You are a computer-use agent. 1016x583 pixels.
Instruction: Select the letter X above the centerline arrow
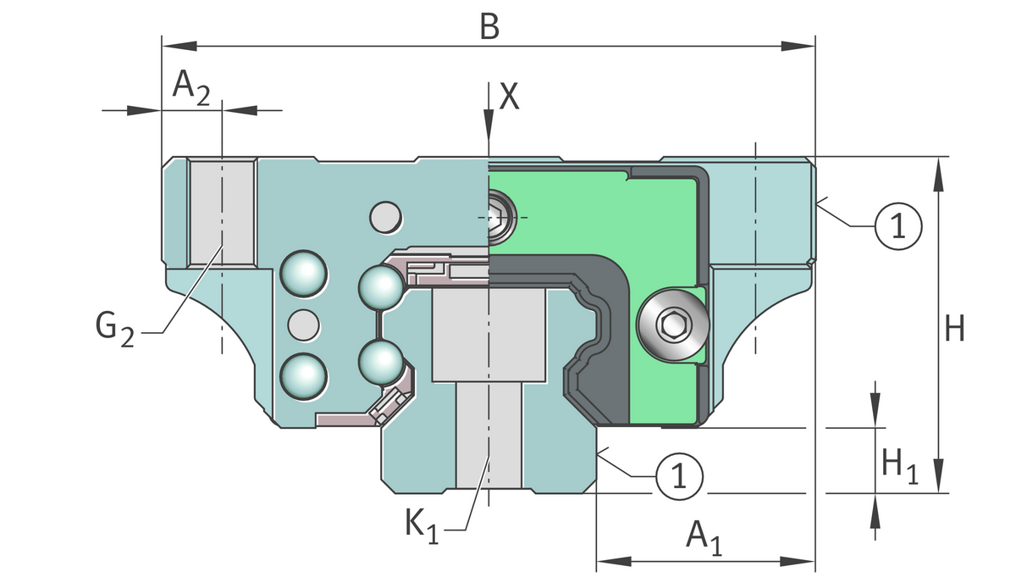point(509,97)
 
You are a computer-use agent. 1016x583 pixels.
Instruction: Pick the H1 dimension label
point(899,465)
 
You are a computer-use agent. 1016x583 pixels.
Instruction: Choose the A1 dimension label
point(704,537)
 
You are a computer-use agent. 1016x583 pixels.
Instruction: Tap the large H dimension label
point(955,329)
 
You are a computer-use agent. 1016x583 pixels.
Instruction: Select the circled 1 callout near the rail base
point(678,475)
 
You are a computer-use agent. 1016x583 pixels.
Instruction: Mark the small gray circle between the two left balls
point(303,323)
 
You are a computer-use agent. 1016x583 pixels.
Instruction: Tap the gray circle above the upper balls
point(386,217)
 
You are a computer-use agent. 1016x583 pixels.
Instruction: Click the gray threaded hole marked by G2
point(221,212)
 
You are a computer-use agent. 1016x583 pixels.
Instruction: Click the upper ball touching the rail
point(380,286)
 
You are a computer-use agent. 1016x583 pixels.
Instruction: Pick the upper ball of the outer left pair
point(303,275)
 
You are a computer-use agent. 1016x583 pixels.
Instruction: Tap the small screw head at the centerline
point(499,217)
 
